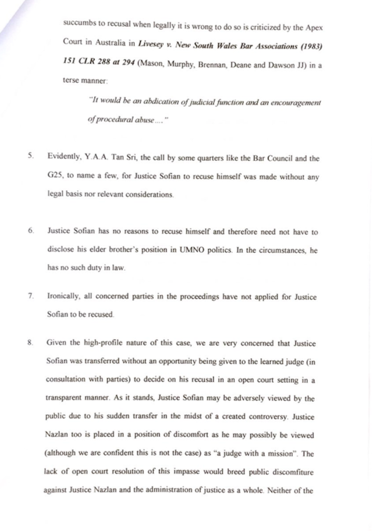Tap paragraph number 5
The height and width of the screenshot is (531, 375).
pyautogui.click(x=29, y=158)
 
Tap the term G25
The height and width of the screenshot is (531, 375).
pyautogui.click(x=54, y=177)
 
